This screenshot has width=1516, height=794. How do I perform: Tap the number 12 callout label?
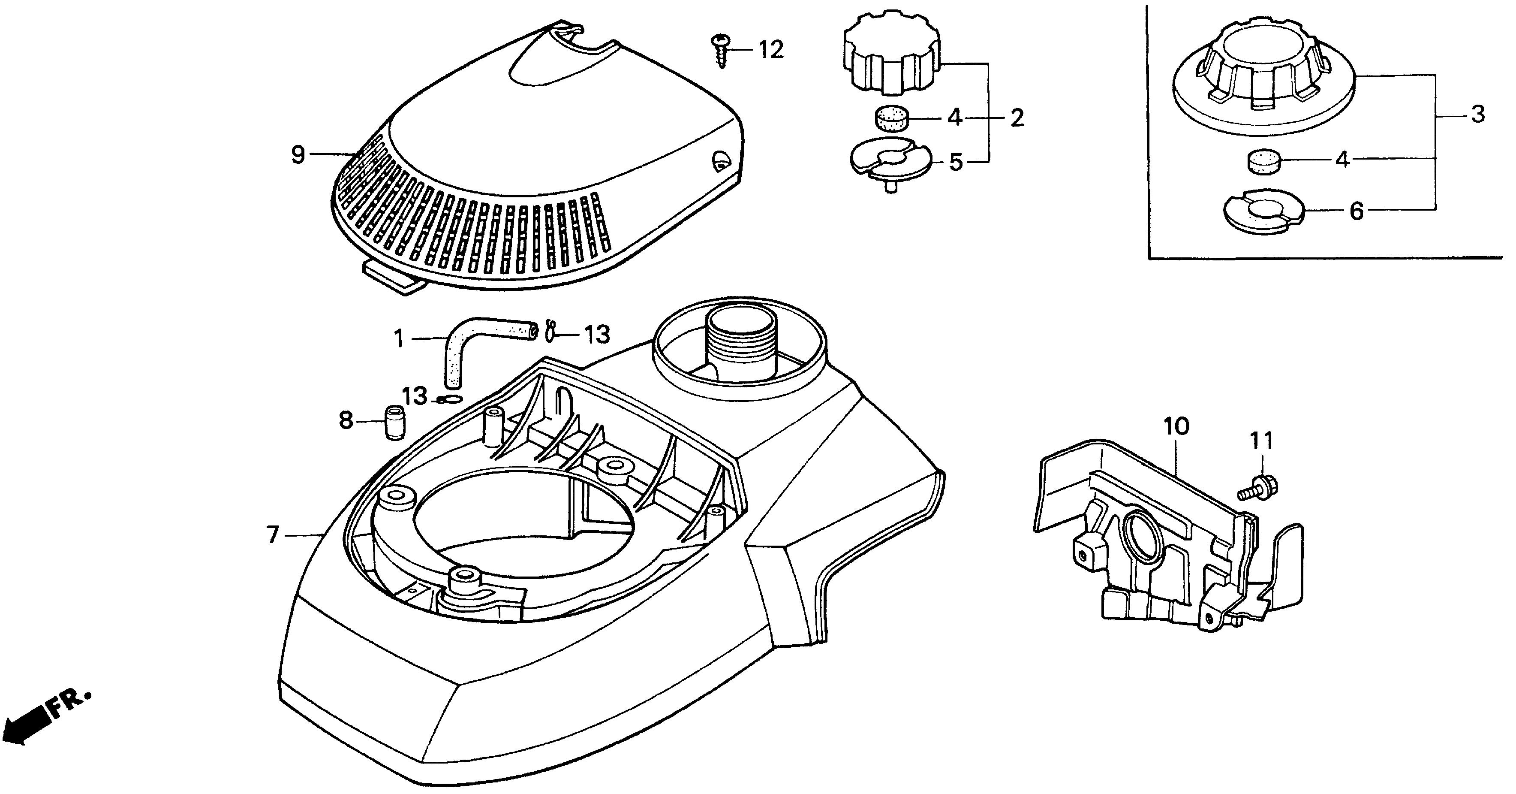click(770, 50)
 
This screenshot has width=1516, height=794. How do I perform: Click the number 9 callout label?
click(298, 155)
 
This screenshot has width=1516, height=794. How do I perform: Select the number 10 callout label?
click(1176, 426)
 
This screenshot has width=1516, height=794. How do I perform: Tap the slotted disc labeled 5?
click(892, 160)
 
